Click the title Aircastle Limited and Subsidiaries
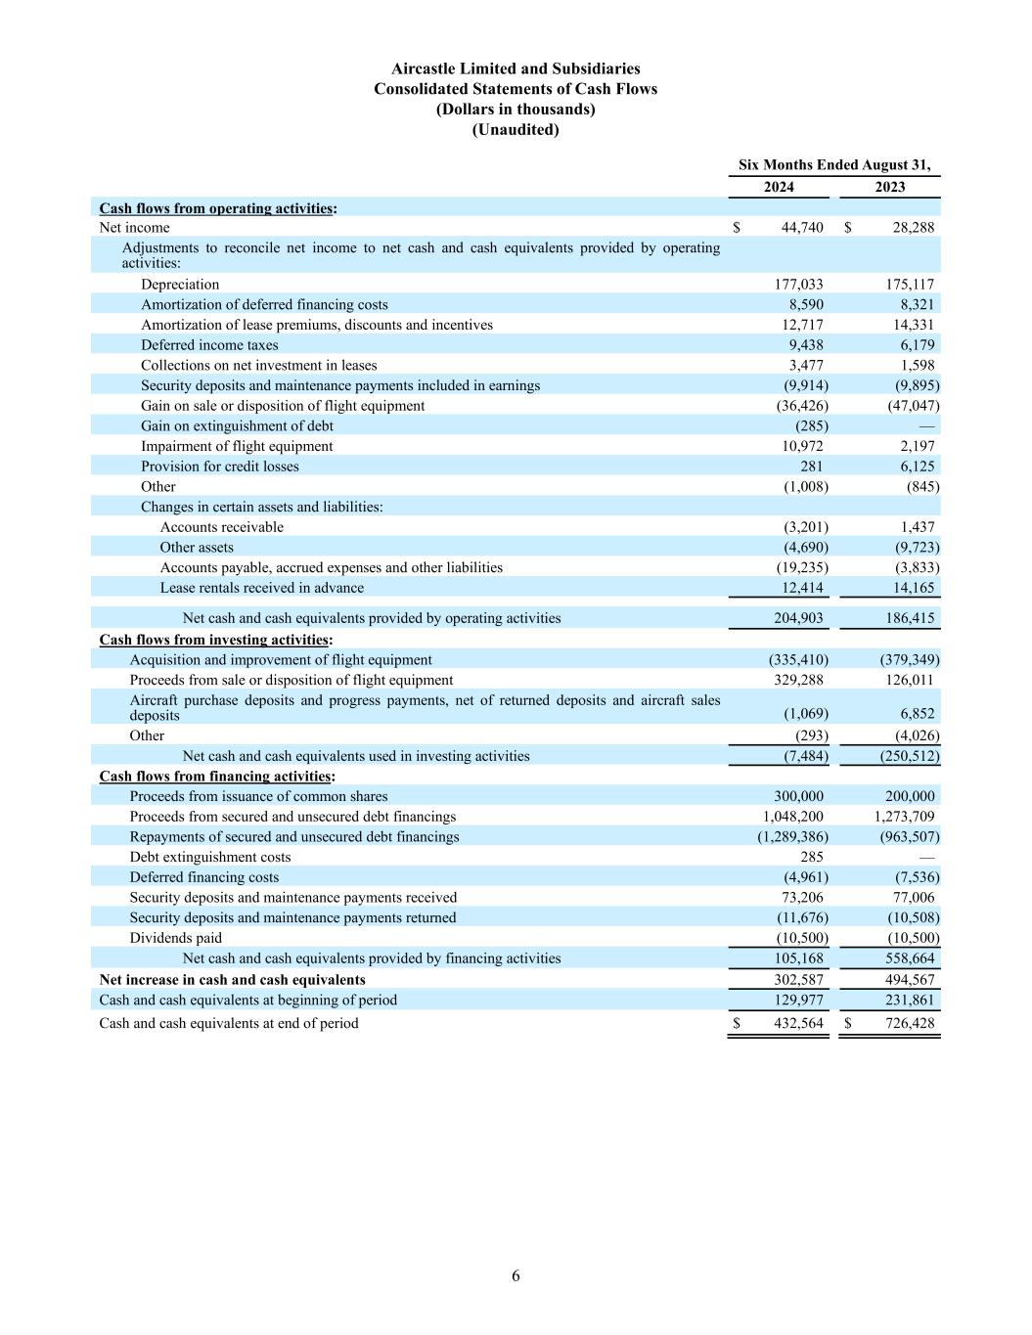click(x=516, y=68)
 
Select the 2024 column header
click(x=779, y=187)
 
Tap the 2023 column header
click(x=889, y=187)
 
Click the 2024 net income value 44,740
click(x=802, y=228)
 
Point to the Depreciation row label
click(x=180, y=285)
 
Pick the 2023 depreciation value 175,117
click(x=910, y=285)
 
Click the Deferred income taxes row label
click(x=209, y=345)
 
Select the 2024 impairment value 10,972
click(x=801, y=446)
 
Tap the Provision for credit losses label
click(x=220, y=467)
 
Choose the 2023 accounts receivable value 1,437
click(x=917, y=527)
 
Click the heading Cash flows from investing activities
click(x=214, y=640)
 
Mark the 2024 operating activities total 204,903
click(x=798, y=618)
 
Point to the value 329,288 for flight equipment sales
click(x=798, y=680)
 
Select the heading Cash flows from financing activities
click(x=215, y=777)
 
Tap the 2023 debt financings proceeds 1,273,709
click(x=904, y=817)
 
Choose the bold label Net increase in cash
click(x=232, y=980)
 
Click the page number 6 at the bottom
click(x=516, y=1275)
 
